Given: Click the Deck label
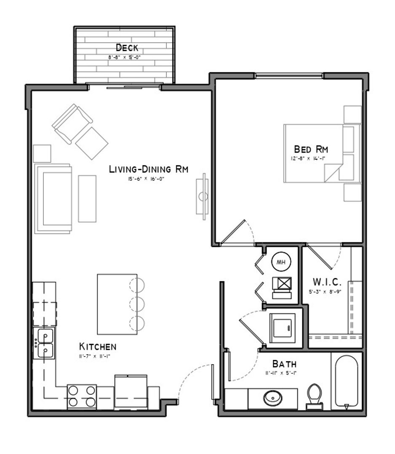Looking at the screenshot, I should [127, 48].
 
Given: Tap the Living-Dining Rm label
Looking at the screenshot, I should [148, 169].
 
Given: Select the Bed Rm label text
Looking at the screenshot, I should [311, 149].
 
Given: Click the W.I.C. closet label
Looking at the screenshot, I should [326, 281].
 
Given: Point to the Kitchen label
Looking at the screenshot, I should [98, 347].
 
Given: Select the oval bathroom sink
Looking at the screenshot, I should [273, 397].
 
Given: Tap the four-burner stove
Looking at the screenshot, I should [82, 396].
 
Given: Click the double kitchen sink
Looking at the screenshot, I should [45, 343].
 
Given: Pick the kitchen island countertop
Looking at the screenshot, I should [117, 304].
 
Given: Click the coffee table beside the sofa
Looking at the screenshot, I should [87, 198].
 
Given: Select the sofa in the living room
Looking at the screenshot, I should [54, 198].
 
